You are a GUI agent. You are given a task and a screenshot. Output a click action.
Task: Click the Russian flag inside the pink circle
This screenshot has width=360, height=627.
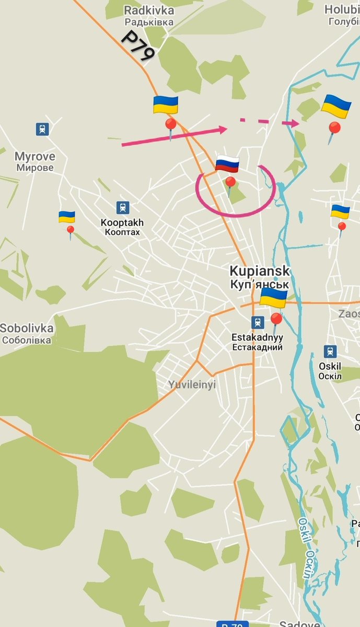227,164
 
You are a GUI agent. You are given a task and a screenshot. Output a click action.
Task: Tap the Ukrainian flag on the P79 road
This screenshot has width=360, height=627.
166,104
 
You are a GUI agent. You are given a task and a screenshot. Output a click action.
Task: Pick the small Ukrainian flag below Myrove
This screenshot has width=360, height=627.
66,217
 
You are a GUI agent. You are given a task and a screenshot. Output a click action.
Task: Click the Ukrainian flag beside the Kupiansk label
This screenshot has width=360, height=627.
273,298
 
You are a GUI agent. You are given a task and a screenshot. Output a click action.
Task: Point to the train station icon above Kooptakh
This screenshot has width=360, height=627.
122,207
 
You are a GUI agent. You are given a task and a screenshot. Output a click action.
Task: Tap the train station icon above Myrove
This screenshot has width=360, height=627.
42,129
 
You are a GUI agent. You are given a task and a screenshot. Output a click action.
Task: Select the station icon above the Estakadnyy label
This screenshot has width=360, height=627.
257,322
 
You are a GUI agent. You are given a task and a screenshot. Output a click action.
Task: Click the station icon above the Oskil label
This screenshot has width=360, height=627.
330,351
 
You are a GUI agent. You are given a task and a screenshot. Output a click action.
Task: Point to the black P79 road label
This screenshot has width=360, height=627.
137,46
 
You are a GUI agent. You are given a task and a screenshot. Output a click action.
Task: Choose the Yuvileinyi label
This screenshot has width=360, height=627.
192,385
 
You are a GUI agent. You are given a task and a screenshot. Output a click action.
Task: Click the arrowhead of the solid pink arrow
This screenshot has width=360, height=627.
223,129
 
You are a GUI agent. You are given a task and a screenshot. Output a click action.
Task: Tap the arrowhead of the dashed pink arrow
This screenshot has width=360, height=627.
295,123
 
